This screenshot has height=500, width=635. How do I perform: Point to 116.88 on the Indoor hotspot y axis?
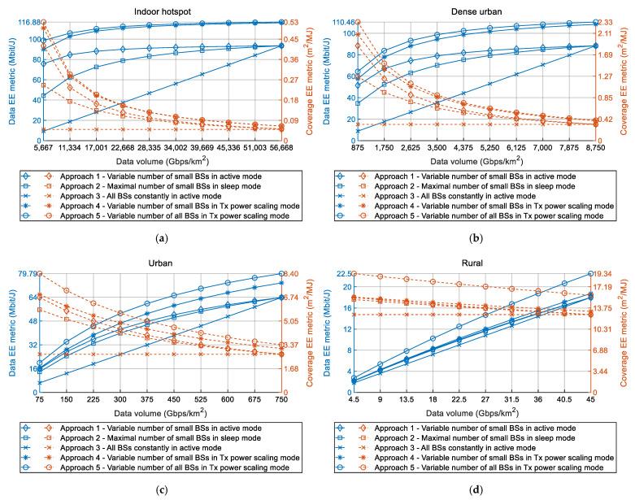point(29,22)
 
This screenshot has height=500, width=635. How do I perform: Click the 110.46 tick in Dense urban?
point(344,22)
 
